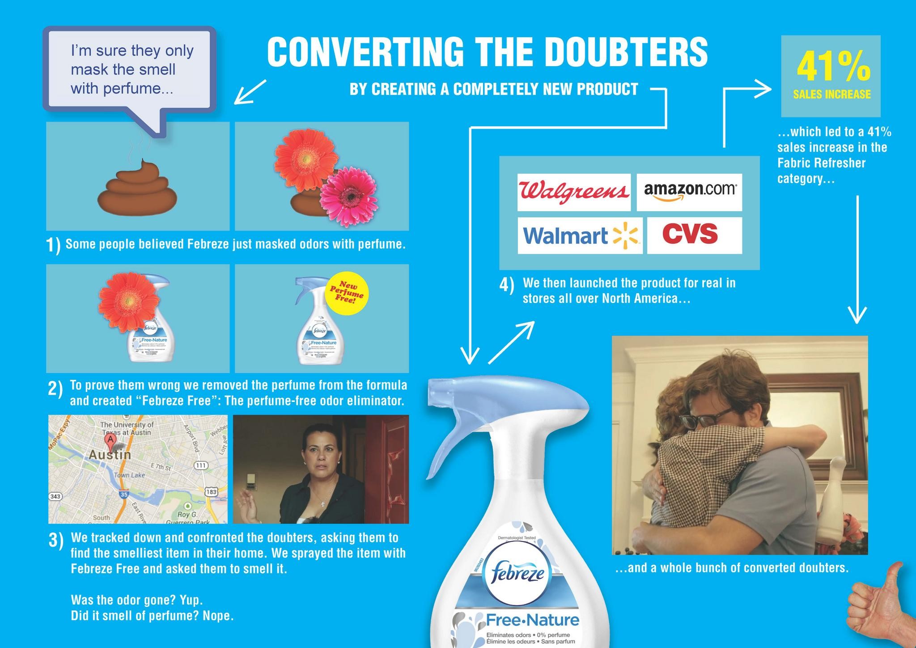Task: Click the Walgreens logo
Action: tap(574, 192)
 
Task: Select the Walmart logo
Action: tap(580, 235)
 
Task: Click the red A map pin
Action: tap(110, 439)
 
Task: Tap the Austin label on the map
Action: tap(110, 455)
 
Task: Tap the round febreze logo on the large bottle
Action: tap(518, 573)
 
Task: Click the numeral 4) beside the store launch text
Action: tap(506, 286)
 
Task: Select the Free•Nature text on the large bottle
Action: tap(532, 620)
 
